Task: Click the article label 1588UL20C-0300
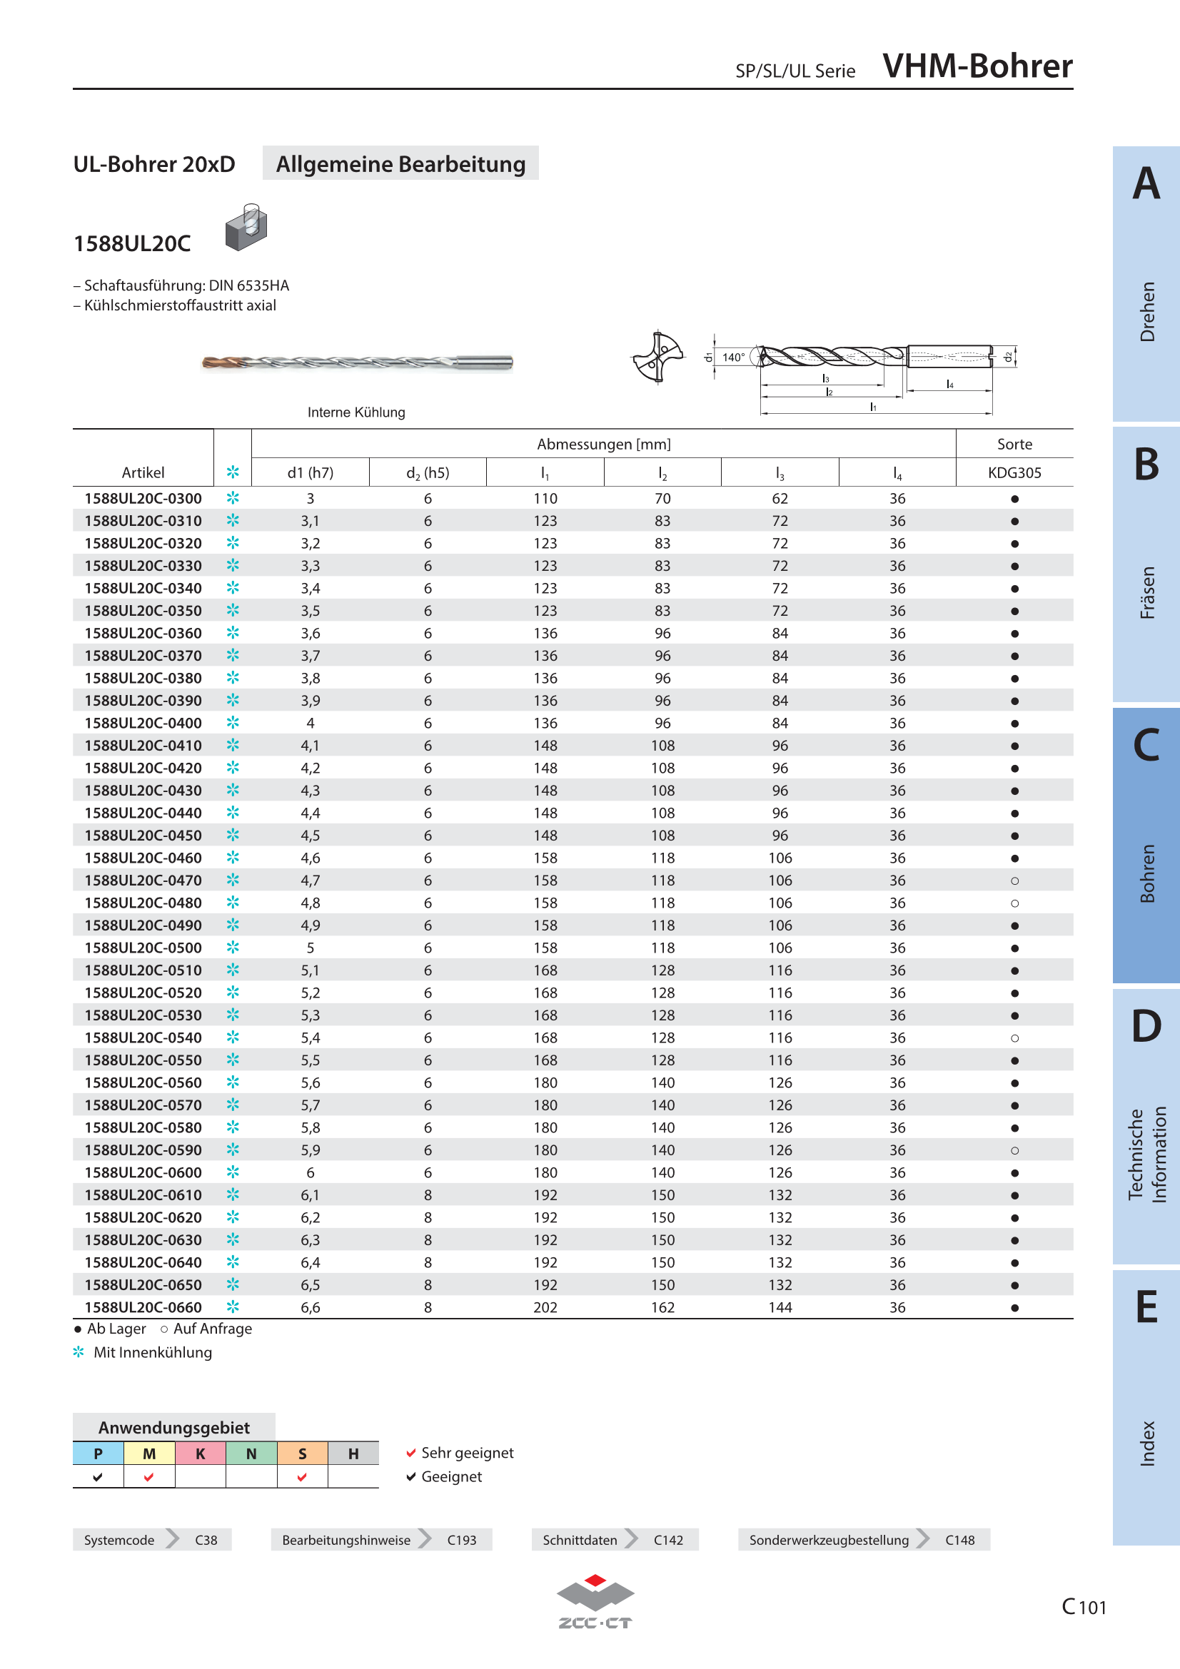pyautogui.click(x=143, y=499)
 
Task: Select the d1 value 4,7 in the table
pyautogui.click(x=311, y=881)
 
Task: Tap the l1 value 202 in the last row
pyautogui.click(x=545, y=1307)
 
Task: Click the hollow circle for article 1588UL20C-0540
pyautogui.click(x=1015, y=1038)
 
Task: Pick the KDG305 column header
pyautogui.click(x=1015, y=472)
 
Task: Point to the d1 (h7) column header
pyautogui.click(x=311, y=472)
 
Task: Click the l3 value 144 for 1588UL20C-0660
pyautogui.click(x=780, y=1307)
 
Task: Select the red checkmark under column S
pyautogui.click(x=302, y=1476)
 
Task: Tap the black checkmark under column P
pyautogui.click(x=98, y=1476)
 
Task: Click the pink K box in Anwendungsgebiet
pyautogui.click(x=201, y=1453)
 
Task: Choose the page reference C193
pyautogui.click(x=462, y=1540)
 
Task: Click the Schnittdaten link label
pyautogui.click(x=580, y=1540)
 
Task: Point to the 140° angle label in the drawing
pyautogui.click(x=733, y=357)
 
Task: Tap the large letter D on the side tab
pyautogui.click(x=1146, y=1025)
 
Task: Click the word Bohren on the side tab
pyautogui.click(x=1147, y=873)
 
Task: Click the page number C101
pyautogui.click(x=1084, y=1606)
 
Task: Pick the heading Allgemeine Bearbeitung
pyautogui.click(x=400, y=163)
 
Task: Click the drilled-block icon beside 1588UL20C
pyautogui.click(x=246, y=227)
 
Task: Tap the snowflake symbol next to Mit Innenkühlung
pyautogui.click(x=79, y=1351)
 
